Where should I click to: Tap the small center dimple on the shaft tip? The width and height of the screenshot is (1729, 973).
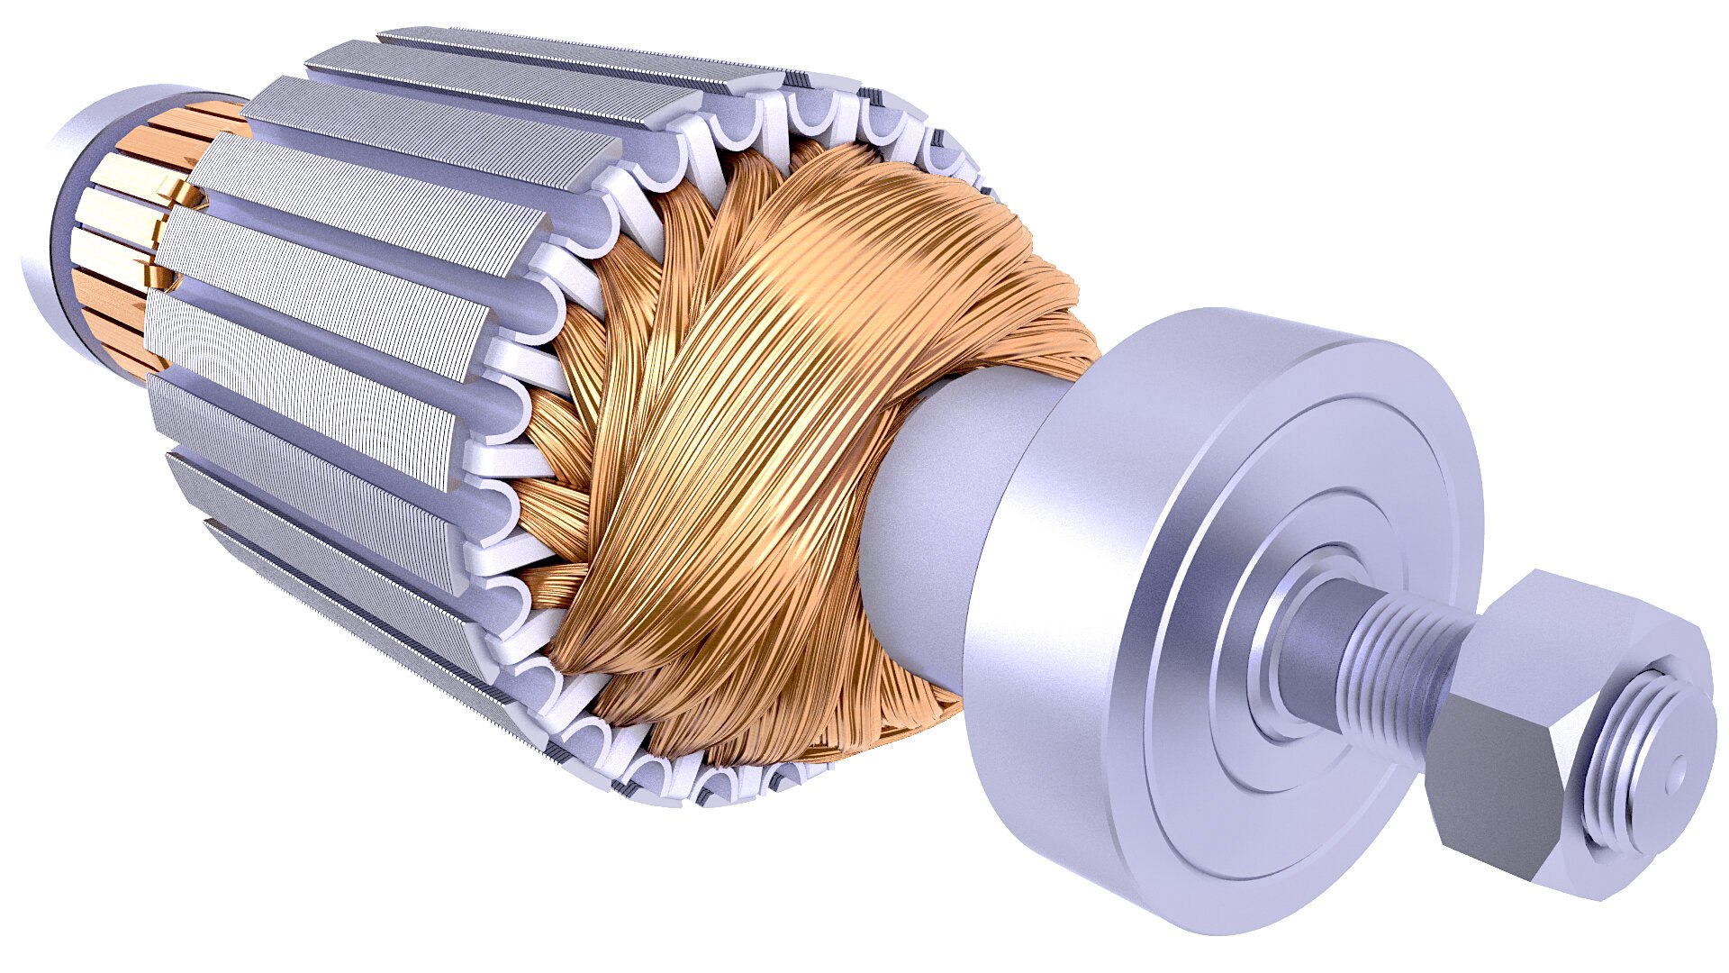[x=1676, y=770]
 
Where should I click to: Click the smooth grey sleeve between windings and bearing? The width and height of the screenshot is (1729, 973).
[x=937, y=505]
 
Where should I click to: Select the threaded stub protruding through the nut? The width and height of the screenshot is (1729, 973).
[x=1639, y=766]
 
